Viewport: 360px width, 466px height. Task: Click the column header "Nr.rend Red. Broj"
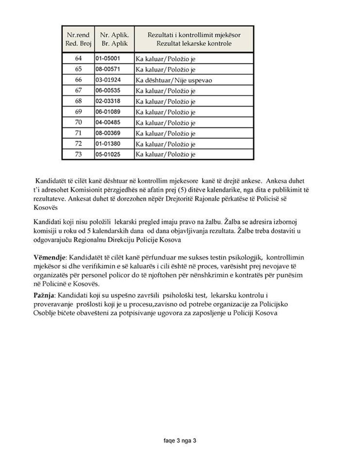click(x=78, y=39)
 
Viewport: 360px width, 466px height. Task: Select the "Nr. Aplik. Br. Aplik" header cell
click(x=114, y=39)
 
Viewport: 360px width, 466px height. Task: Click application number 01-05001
click(x=108, y=58)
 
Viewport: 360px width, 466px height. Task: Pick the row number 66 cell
click(x=78, y=80)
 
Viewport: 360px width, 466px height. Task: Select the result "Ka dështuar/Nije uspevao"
click(x=174, y=80)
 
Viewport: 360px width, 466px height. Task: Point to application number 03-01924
click(x=108, y=80)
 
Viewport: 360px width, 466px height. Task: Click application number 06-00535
click(x=108, y=90)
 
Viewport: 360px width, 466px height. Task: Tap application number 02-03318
click(x=108, y=101)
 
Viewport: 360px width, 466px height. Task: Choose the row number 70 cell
click(x=78, y=122)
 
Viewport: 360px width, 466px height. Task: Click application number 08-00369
click(x=108, y=133)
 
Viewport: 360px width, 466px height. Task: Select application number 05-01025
click(x=108, y=154)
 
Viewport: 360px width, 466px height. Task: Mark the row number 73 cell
click(x=78, y=154)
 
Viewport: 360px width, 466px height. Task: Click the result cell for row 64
click(x=165, y=59)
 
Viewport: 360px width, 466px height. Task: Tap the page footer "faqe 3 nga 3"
click(x=180, y=441)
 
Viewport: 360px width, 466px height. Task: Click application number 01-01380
click(x=108, y=144)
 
